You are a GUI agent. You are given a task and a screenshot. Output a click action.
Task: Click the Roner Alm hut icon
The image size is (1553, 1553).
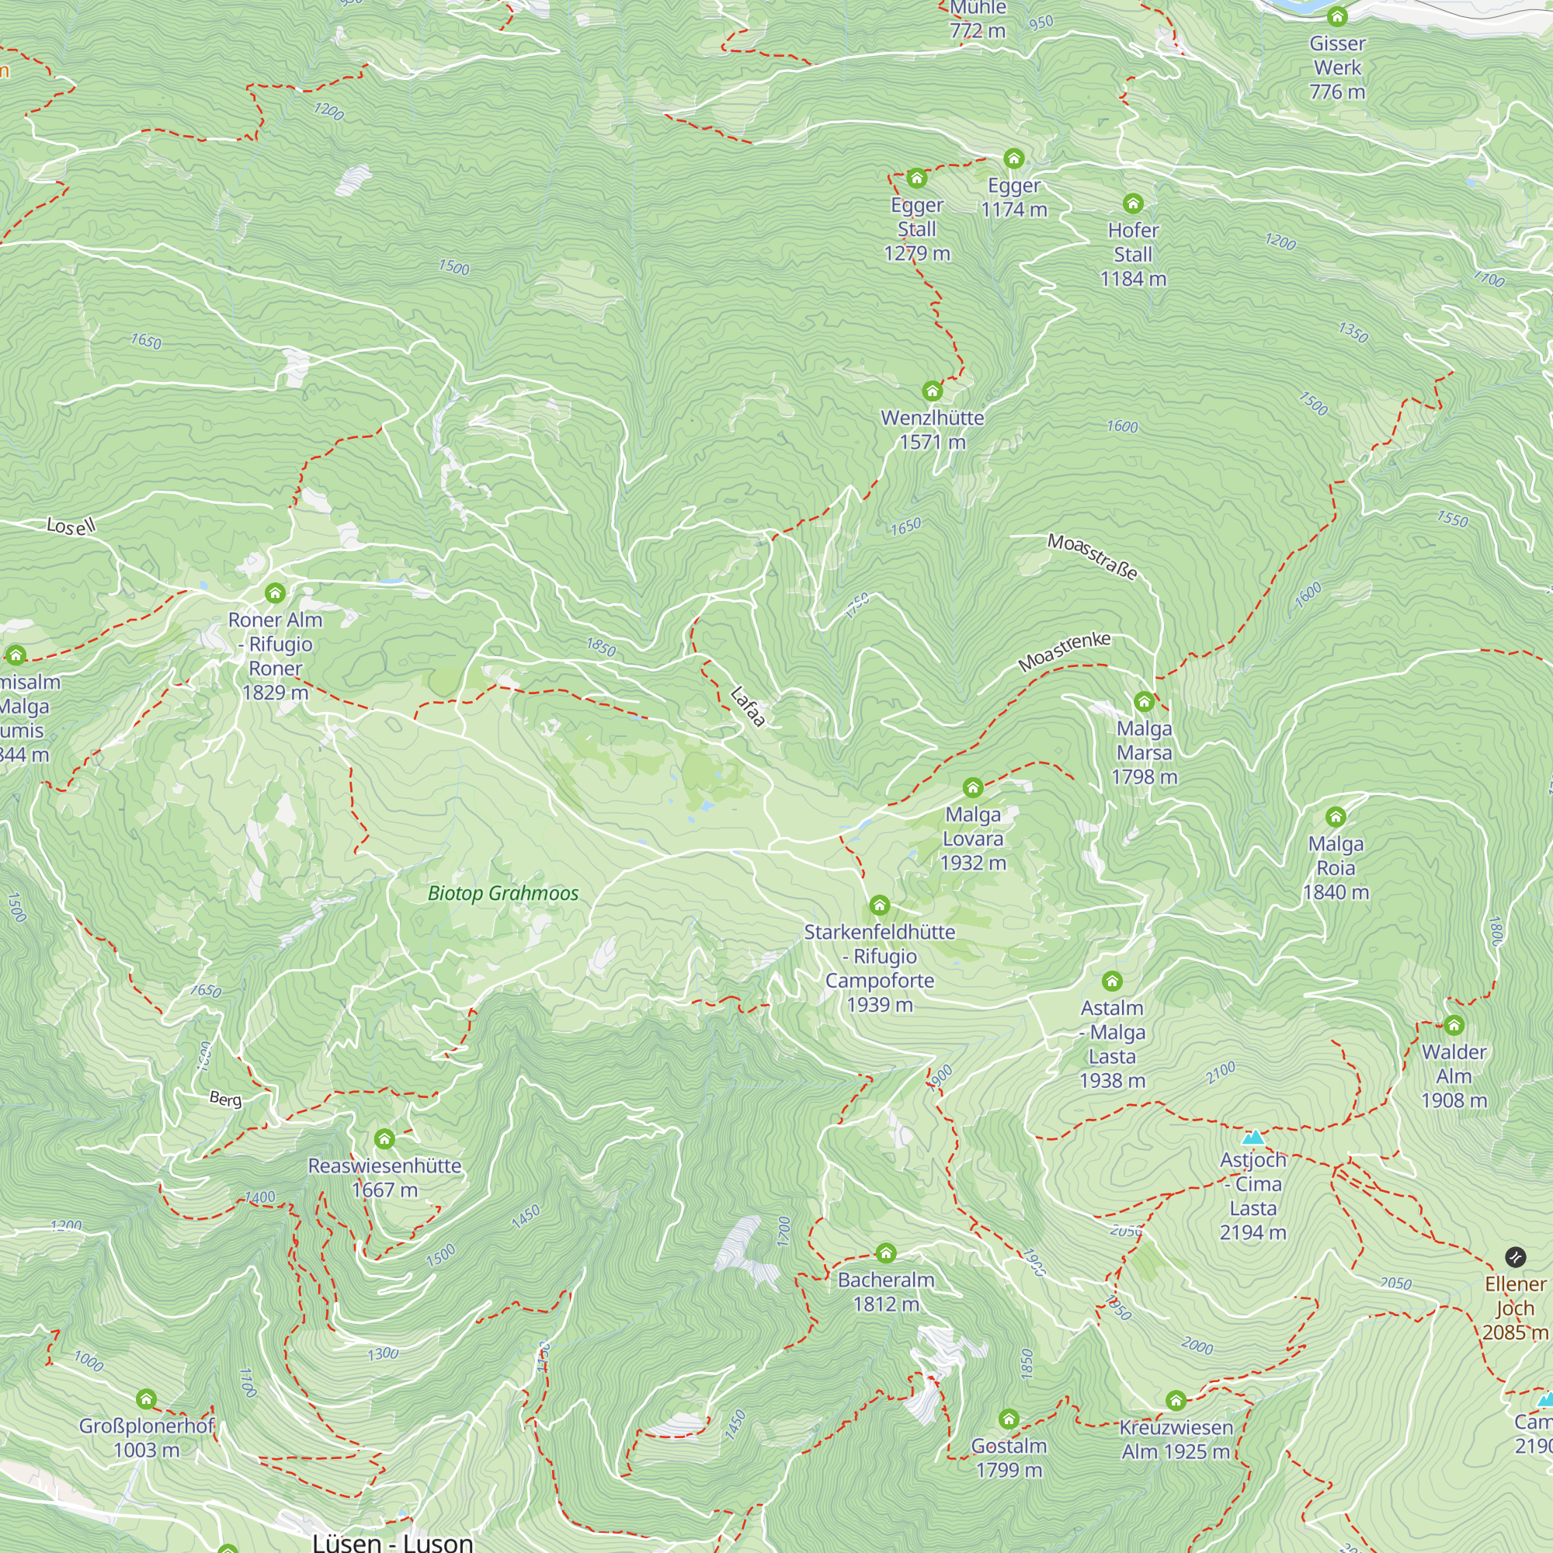pyautogui.click(x=275, y=593)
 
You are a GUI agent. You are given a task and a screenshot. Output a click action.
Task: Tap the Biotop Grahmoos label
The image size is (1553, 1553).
pyautogui.click(x=503, y=893)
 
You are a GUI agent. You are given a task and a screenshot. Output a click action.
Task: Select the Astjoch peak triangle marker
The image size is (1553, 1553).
pyautogui.click(x=1253, y=1138)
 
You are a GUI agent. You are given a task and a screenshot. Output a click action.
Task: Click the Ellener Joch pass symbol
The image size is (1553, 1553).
pyautogui.click(x=1514, y=1256)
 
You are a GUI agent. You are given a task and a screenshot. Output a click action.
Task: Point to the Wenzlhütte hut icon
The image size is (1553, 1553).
pyautogui.click(x=933, y=391)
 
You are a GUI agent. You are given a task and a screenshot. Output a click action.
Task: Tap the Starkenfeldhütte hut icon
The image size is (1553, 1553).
pyautogui.click(x=880, y=906)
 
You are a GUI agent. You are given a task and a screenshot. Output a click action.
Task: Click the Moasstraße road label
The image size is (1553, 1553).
pyautogui.click(x=1093, y=556)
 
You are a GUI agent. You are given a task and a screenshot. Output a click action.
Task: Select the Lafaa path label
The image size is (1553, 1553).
pyautogui.click(x=747, y=707)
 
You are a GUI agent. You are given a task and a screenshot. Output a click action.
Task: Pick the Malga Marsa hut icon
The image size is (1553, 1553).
pyautogui.click(x=1144, y=703)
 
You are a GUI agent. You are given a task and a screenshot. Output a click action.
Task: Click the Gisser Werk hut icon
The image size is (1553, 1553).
pyautogui.click(x=1337, y=17)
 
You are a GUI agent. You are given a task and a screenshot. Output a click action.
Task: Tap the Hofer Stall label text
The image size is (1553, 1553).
pyautogui.click(x=1133, y=254)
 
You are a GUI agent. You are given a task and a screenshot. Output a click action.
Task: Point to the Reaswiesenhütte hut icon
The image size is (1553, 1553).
pyautogui.click(x=384, y=1139)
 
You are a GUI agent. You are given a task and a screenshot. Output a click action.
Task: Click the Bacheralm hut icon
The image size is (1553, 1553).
pyautogui.click(x=886, y=1253)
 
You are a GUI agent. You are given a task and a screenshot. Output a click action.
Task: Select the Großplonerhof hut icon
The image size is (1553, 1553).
pyautogui.click(x=146, y=1399)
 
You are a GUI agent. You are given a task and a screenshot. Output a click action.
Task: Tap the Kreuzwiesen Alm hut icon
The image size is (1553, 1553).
pyautogui.click(x=1176, y=1401)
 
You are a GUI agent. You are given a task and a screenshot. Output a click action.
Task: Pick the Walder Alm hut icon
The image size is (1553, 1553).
pyautogui.click(x=1454, y=1025)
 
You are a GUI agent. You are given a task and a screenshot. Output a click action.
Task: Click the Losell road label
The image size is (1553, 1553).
pyautogui.click(x=71, y=526)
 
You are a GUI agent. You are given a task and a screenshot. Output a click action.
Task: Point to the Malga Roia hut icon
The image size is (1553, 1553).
pyautogui.click(x=1336, y=818)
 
